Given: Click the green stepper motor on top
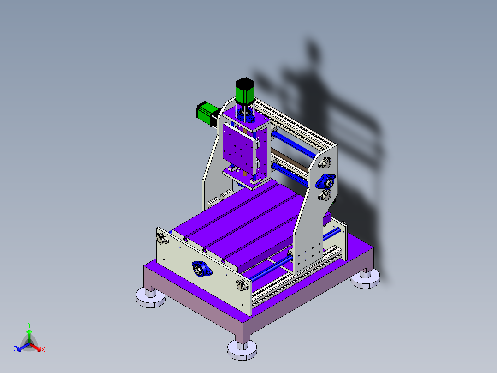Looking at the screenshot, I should point(245,91).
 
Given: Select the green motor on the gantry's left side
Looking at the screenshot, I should point(205,113).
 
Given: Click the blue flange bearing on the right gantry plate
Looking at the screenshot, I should point(325,180).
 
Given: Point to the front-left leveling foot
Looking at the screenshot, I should point(151,297).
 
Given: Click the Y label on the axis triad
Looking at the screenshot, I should point(29,325).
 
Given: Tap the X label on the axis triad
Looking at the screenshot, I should point(43,350).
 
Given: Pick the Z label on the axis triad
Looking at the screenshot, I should point(15,350).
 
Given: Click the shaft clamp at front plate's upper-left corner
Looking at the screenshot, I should point(161,239).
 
